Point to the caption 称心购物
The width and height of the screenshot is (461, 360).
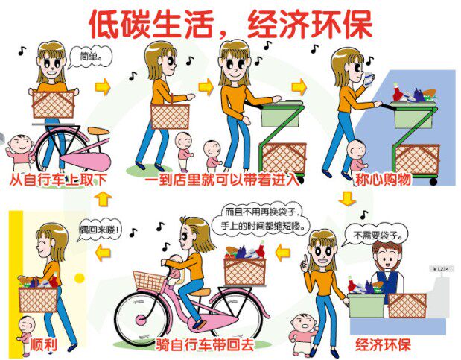tap(383, 180)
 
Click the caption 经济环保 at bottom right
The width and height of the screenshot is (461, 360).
tap(383, 345)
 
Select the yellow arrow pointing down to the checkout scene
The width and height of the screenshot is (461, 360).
tap(346, 199)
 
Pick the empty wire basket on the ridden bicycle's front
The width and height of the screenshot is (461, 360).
tap(150, 280)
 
